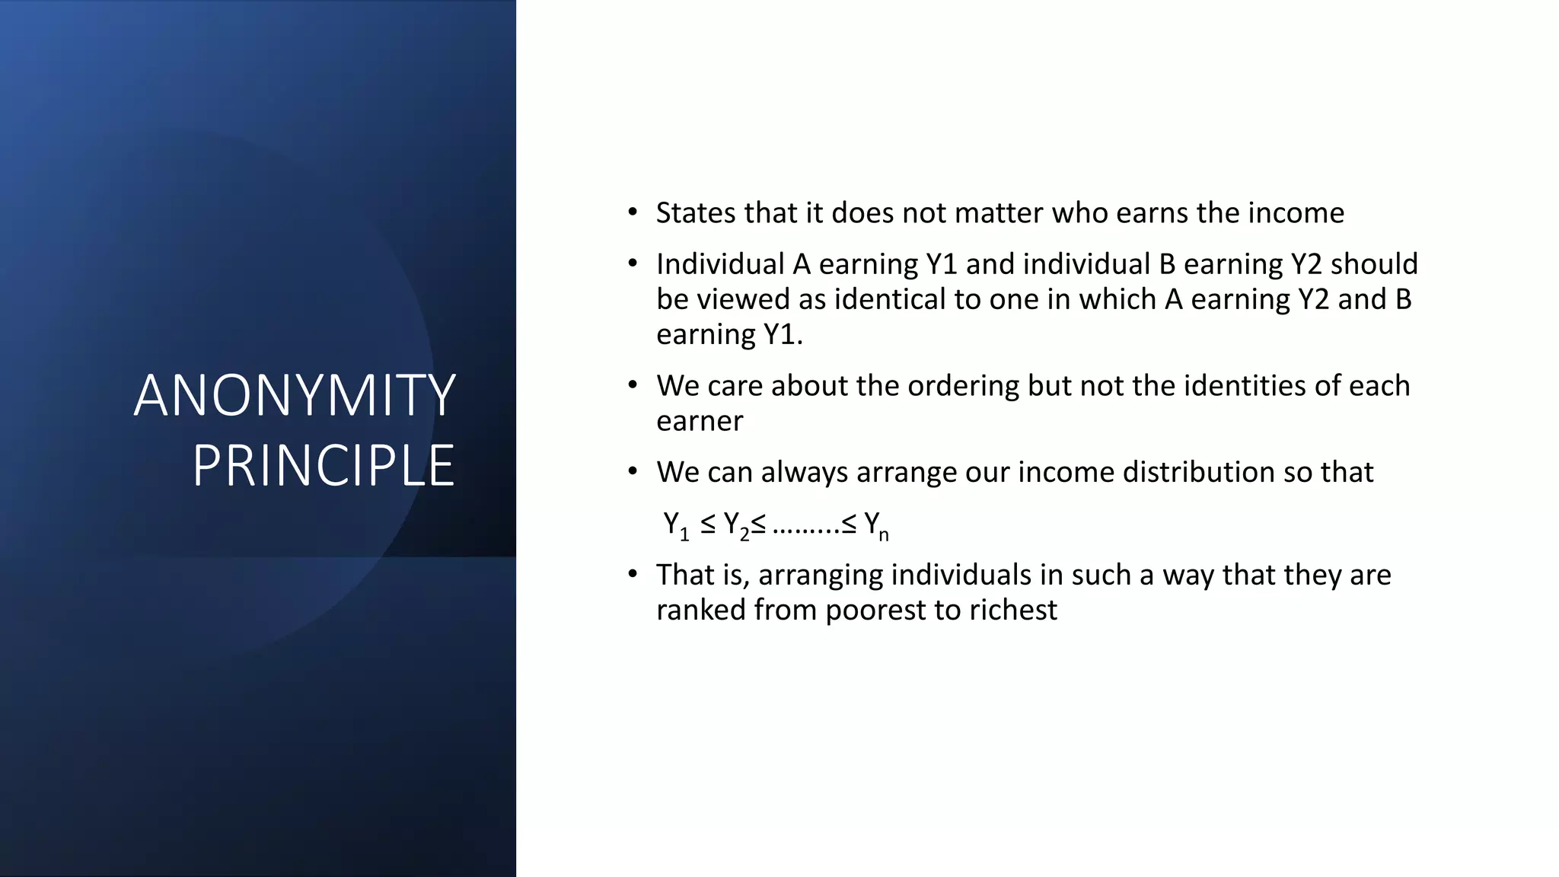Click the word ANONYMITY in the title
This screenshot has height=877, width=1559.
[x=295, y=396]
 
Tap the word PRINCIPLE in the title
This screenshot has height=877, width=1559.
[x=324, y=466]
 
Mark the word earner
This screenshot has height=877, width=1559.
[x=700, y=421]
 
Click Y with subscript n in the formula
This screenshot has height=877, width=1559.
[x=876, y=525]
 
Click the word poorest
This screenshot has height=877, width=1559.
[x=875, y=611]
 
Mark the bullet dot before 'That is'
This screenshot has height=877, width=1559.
[x=632, y=575]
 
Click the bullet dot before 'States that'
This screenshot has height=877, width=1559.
[x=632, y=213]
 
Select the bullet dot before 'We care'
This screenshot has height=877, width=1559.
[x=632, y=386]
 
